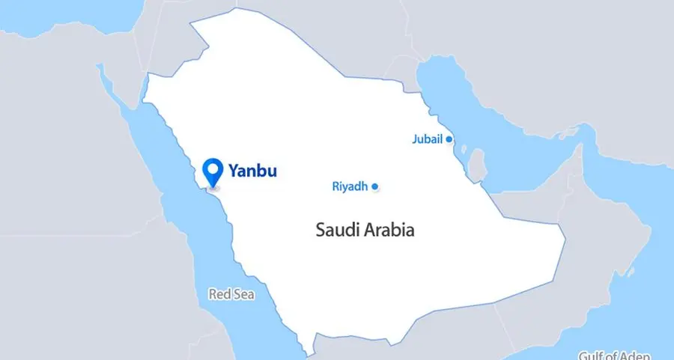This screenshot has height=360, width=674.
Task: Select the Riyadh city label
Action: coord(350,186)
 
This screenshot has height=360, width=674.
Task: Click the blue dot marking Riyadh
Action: coord(374,186)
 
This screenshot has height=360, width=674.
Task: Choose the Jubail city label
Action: coord(428,139)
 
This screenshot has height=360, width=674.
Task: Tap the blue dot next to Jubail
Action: coord(449,139)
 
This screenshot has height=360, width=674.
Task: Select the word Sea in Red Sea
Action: coord(244,294)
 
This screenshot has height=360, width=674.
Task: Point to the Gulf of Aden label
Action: coord(614,355)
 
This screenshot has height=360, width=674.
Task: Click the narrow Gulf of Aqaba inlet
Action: coord(136,86)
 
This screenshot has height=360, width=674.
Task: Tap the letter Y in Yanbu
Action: coord(232,171)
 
